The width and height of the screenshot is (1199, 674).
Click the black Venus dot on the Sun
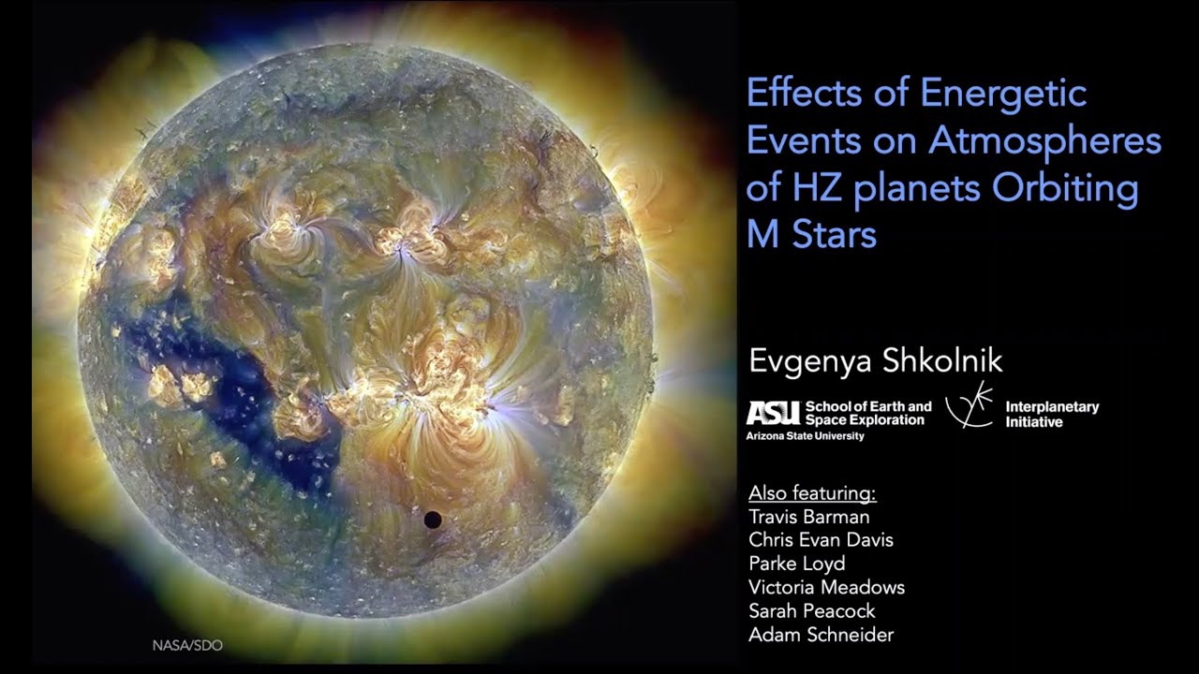(433, 520)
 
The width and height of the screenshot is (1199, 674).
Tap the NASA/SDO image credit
(188, 645)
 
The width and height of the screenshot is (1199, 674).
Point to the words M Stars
(811, 234)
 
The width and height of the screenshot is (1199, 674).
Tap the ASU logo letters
(774, 412)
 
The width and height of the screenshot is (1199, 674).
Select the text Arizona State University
(805, 435)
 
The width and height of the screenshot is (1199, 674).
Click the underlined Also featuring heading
(812, 493)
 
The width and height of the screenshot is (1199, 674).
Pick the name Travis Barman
(809, 517)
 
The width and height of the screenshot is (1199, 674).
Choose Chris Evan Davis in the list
(821, 540)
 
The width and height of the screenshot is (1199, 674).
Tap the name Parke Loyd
(796, 564)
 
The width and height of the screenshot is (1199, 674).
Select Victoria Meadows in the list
(826, 588)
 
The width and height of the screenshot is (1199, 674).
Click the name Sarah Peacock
(812, 611)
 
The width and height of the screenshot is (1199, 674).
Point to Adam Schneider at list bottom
(821, 635)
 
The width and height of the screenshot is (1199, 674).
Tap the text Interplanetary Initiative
(1051, 415)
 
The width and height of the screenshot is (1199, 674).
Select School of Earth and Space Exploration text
(868, 413)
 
